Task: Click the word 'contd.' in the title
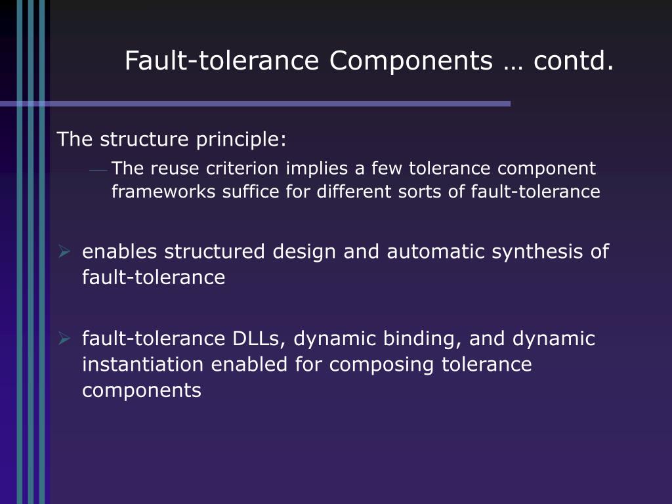[574, 61]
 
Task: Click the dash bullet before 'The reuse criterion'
[98, 170]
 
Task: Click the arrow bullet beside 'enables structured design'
[64, 251]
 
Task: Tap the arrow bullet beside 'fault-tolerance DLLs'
[64, 339]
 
